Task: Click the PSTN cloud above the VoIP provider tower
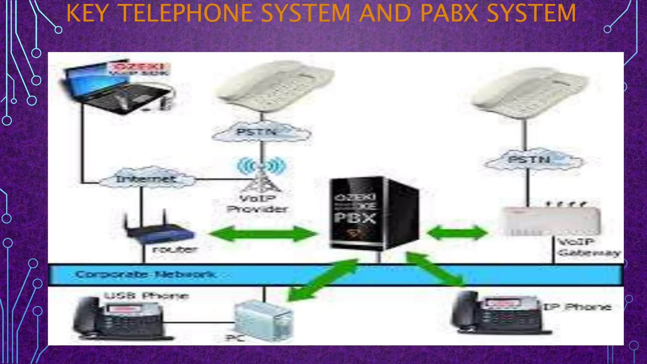pos(261,132)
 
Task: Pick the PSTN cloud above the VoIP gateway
pos(532,160)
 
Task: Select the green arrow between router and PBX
pos(263,234)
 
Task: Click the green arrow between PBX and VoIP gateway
pos(457,234)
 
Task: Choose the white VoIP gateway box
pos(550,221)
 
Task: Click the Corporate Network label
pos(145,274)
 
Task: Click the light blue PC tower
pos(264,321)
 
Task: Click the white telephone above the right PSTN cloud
pos(529,93)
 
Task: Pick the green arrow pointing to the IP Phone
pos(436,269)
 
